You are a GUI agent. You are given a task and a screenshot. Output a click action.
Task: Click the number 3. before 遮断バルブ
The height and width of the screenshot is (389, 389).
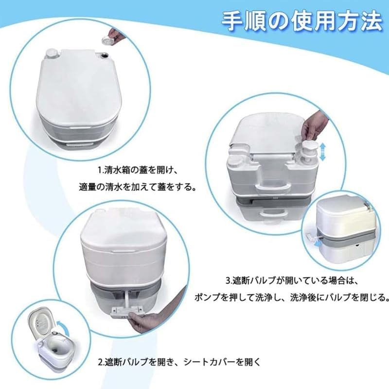(228, 281)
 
